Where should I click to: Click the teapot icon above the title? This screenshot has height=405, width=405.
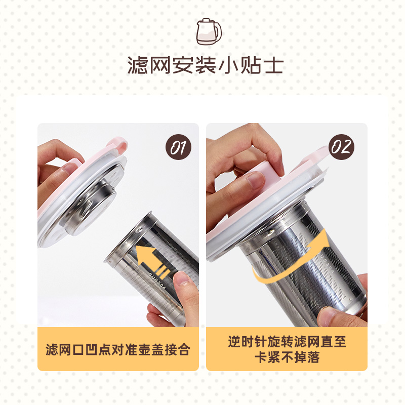coord(209,31)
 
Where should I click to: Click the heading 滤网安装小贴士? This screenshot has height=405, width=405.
coord(206,65)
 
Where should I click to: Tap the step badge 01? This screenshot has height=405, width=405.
coord(179,147)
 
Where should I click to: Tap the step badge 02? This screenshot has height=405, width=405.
coord(341,147)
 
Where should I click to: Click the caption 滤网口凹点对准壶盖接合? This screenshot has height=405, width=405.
coord(118,350)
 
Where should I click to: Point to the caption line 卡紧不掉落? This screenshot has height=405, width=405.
coord(287,357)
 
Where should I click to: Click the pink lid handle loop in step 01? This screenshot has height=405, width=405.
coord(118,145)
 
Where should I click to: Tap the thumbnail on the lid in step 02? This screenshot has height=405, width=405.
coord(256,180)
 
